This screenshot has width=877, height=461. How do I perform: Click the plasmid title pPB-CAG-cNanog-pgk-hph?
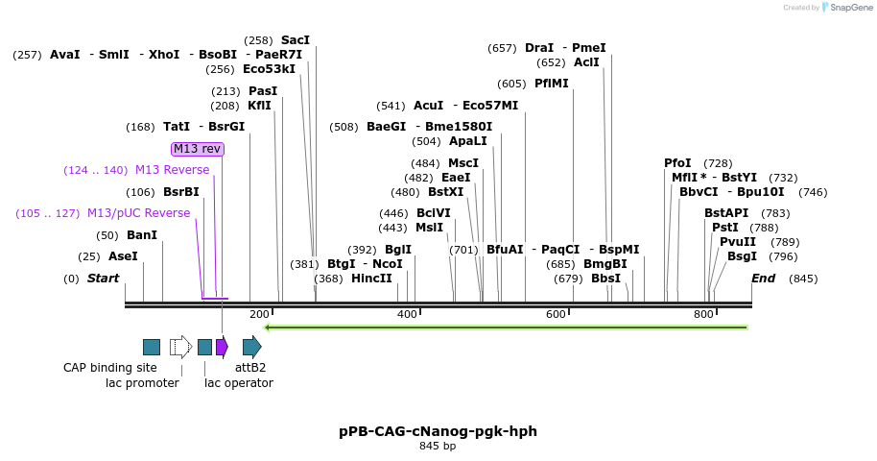(438, 431)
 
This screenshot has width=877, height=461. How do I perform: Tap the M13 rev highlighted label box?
(198, 149)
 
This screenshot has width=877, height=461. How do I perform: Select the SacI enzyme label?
(296, 40)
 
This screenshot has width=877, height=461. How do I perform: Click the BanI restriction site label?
(142, 235)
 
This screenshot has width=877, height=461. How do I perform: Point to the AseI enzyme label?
(123, 256)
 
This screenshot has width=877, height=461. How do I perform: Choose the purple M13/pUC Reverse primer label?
(139, 213)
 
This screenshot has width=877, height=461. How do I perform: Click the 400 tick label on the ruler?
(407, 314)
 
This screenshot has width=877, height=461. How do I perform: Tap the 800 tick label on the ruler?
(704, 314)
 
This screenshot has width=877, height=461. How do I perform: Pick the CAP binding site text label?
(109, 368)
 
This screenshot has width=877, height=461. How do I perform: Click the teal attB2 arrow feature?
(251, 347)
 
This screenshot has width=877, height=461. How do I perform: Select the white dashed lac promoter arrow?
(180, 347)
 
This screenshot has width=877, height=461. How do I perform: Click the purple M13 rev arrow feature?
(222, 347)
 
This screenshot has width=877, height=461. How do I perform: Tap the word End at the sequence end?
(763, 279)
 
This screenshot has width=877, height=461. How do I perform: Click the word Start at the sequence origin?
(103, 279)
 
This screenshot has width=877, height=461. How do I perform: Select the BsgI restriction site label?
(742, 256)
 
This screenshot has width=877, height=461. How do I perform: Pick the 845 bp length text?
(438, 446)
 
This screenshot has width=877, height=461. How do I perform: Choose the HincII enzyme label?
(371, 279)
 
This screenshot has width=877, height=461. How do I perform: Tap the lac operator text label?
(239, 383)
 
